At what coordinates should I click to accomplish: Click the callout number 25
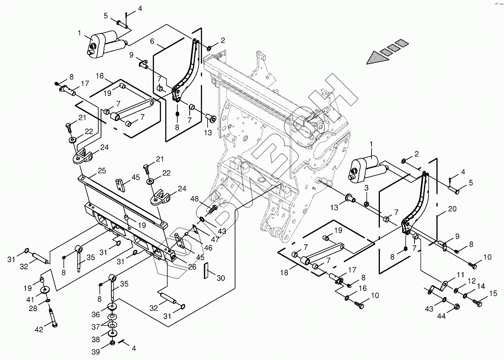[x=102, y=171]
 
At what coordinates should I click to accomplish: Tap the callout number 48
[x=195, y=198]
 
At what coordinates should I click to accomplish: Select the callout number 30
[x=221, y=278]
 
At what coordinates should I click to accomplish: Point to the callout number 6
[x=152, y=41]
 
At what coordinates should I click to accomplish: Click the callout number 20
[x=452, y=209]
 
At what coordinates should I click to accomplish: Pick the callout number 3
[x=366, y=188]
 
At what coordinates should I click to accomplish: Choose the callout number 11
[x=461, y=275]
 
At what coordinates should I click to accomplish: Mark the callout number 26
[x=193, y=267]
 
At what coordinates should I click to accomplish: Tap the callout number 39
[x=95, y=352]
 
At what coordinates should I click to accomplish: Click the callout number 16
[x=363, y=288]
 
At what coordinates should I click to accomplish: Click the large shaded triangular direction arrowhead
[x=378, y=58]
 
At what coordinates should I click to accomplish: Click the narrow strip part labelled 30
[x=206, y=270]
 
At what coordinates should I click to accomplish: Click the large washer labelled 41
[x=45, y=290]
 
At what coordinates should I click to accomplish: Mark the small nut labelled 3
[x=366, y=204]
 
